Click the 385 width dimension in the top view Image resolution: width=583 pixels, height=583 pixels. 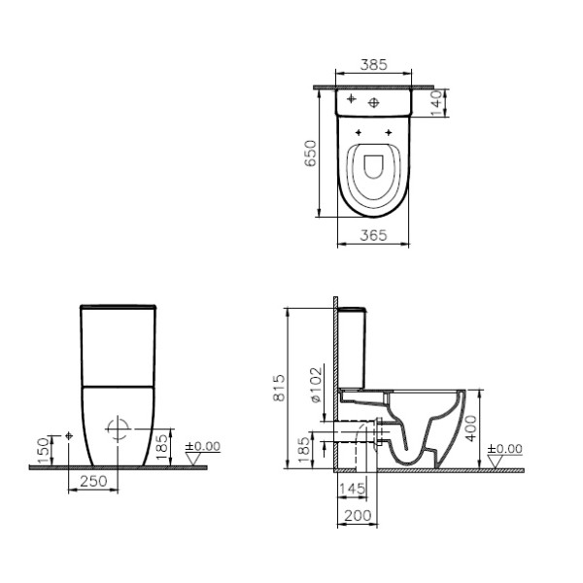pos(374,65)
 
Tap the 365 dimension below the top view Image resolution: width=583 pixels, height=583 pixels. pos(374,235)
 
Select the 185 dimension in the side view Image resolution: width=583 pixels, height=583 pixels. pos(303,448)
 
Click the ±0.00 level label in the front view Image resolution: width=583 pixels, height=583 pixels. pos(204,445)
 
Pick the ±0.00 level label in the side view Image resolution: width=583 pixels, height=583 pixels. pos(504,448)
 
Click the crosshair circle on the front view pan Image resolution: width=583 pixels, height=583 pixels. pos(117,429)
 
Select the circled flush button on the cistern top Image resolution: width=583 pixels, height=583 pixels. pos(375,102)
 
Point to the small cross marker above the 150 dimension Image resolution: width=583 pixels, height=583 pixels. pos(68,434)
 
